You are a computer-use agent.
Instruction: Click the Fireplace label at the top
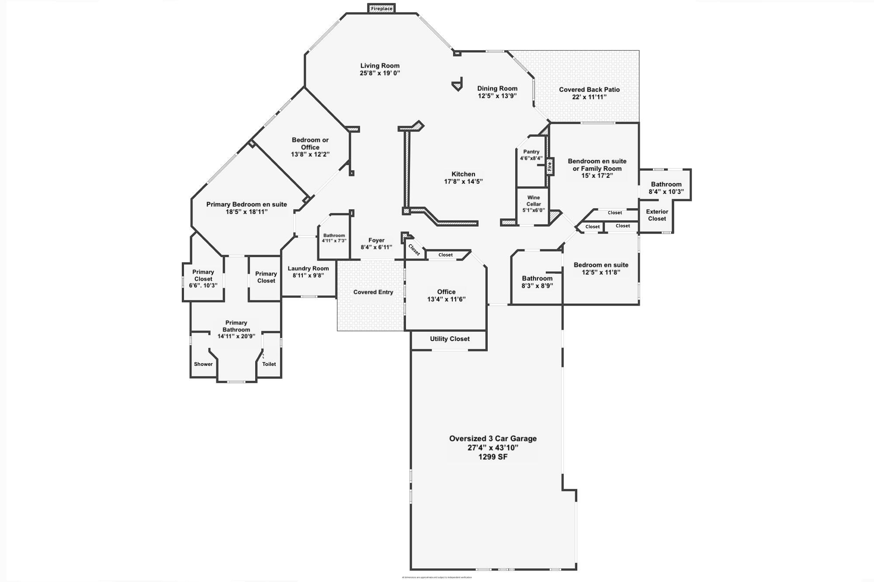click(382, 9)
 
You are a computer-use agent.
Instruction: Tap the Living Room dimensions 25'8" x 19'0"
click(380, 73)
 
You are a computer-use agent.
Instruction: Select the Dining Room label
click(497, 88)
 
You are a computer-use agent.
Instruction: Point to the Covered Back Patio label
click(589, 90)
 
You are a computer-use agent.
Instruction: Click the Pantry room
click(531, 155)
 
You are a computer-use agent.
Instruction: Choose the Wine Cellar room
click(533, 204)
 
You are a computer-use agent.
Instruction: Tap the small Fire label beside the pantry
click(550, 166)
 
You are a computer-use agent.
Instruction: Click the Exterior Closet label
click(657, 215)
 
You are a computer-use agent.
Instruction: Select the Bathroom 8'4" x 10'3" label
click(666, 188)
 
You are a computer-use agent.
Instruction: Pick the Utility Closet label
click(450, 339)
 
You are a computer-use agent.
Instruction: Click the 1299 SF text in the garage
click(493, 457)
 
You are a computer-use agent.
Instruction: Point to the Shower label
click(203, 364)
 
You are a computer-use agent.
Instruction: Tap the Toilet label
click(269, 364)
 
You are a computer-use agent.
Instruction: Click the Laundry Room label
click(308, 269)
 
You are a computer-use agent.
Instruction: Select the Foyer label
click(376, 240)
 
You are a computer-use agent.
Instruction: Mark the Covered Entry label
click(373, 292)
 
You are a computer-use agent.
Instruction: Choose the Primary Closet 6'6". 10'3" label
click(203, 279)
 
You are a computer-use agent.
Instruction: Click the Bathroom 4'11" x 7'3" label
click(334, 238)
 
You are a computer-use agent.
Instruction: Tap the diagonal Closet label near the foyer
click(414, 250)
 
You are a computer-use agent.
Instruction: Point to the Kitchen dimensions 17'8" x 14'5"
click(463, 182)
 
